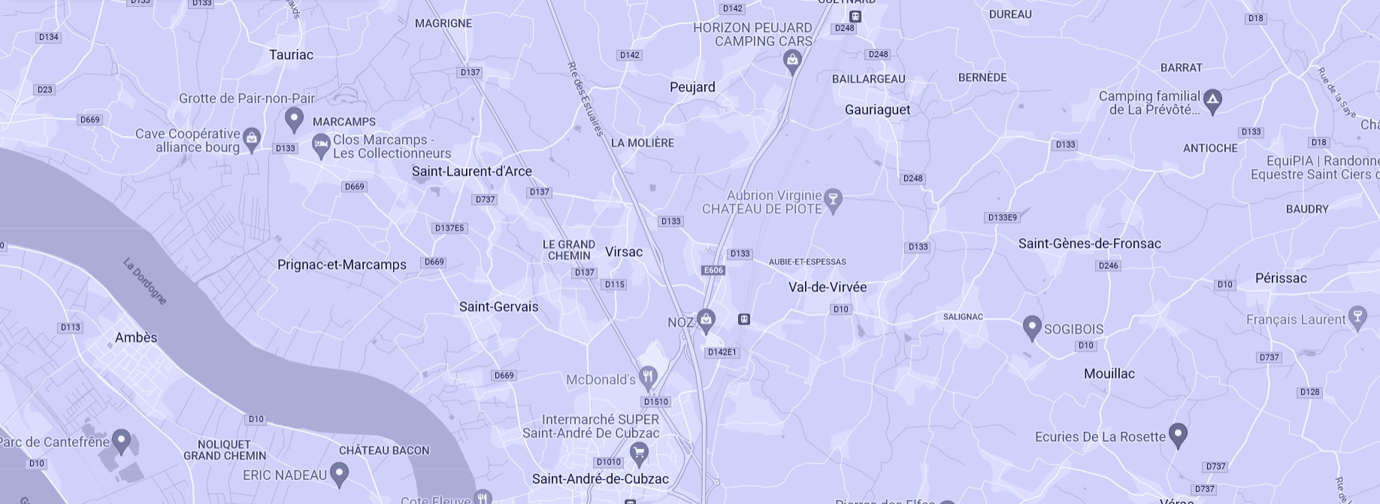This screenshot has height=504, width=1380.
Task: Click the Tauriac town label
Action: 291,55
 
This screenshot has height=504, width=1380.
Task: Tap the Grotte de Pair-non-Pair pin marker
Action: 294,119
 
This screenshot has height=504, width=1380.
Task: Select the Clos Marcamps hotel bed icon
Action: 321,145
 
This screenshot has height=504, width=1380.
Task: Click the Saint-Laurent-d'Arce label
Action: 471,171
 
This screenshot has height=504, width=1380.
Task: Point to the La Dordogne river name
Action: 145,281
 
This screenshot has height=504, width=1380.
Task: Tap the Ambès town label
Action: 136,337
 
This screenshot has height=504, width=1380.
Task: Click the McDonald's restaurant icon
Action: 648,376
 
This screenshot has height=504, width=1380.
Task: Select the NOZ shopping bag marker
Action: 705,320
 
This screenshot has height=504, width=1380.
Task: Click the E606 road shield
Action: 713,270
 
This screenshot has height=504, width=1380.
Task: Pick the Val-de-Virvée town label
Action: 827,287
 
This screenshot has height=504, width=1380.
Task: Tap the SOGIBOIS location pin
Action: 1031,327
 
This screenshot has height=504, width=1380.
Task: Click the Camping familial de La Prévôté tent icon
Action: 1212,99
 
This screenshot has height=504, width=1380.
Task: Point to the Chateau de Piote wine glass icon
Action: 832,200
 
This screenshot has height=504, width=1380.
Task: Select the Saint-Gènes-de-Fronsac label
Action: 1089,243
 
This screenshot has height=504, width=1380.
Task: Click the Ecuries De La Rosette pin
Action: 1177,434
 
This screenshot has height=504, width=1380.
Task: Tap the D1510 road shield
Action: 656,402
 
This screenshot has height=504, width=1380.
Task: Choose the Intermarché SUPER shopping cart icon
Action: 638,452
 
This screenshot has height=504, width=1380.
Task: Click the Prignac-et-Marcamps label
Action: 341,264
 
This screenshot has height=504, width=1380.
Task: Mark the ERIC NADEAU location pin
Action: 339,473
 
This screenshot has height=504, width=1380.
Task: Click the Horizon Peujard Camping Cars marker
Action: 791,59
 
